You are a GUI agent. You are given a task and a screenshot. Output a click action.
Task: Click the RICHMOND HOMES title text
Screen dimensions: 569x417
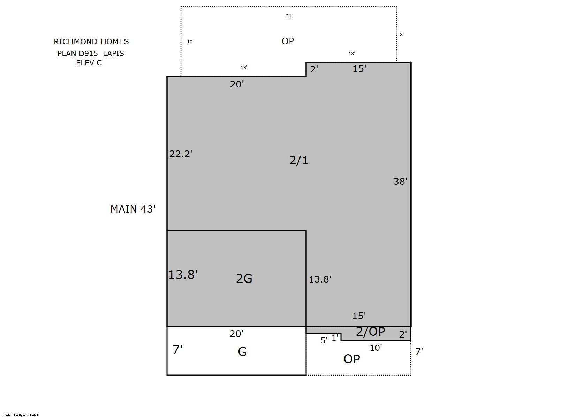(91, 41)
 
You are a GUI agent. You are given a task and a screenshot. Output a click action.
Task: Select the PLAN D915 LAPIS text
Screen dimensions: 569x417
(90, 53)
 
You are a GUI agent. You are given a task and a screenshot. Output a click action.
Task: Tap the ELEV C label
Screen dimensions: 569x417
(89, 63)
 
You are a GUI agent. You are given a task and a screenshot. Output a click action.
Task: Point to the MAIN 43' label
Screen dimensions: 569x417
(133, 209)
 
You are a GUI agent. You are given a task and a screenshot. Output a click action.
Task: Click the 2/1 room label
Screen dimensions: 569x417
(299, 160)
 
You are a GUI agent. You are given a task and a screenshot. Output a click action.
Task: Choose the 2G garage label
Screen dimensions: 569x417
(244, 278)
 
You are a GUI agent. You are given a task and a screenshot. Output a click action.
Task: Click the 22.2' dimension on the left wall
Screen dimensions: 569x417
(181, 154)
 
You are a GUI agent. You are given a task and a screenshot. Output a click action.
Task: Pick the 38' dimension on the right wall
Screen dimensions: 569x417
(400, 181)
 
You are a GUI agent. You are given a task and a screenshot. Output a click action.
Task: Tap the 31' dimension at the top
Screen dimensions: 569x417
(289, 16)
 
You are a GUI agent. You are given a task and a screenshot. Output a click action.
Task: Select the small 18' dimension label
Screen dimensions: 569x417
(244, 67)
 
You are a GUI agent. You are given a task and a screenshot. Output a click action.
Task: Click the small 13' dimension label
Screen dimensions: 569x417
(351, 53)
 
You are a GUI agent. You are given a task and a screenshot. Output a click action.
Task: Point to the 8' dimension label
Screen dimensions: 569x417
(402, 34)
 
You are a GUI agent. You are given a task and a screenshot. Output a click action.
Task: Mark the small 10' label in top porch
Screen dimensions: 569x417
(190, 41)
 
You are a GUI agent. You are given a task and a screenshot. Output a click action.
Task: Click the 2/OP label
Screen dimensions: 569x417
(370, 331)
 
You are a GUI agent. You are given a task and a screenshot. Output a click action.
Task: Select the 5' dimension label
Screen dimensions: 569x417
(324, 340)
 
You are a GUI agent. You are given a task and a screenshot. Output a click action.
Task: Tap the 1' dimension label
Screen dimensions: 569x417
(335, 338)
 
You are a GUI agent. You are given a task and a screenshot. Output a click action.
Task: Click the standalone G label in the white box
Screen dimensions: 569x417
(242, 352)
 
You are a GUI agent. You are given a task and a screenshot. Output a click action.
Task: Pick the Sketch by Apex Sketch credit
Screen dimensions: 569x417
(21, 415)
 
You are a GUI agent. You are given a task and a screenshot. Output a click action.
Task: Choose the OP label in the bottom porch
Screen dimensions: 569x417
(351, 359)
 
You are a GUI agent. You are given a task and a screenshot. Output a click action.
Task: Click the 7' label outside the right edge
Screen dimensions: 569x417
(419, 352)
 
